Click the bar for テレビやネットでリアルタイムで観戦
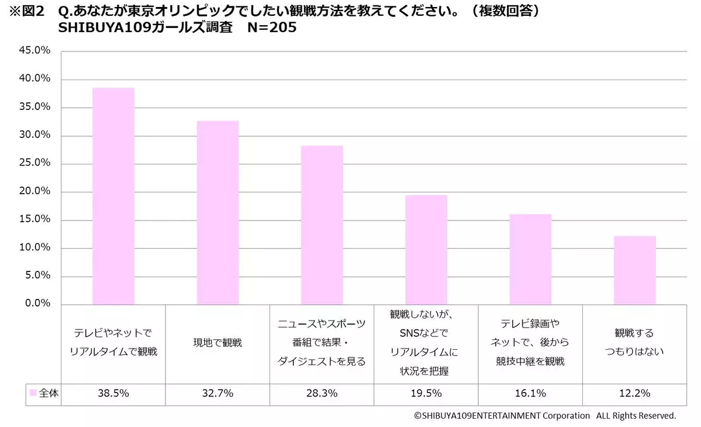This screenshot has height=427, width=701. pos(113,196)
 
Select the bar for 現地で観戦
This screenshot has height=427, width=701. pos(217,212)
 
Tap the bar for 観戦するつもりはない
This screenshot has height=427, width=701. pos(634,270)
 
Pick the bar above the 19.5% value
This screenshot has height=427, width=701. pos(426,249)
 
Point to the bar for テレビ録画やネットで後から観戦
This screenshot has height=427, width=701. pos(530,259)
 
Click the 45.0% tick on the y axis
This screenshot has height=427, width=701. pos(36,51)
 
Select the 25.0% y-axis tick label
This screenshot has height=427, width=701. pos(36,163)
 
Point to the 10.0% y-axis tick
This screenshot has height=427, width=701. pos(36,247)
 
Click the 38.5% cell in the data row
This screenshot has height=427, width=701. pos(113,394)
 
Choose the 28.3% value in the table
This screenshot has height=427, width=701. pos(322,394)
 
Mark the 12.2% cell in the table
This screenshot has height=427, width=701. pos(635,394)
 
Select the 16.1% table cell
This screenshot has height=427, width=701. pos(531,394)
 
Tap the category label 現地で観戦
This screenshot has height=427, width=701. pos(217,343)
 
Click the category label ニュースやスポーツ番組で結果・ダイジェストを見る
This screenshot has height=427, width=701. pos(322,343)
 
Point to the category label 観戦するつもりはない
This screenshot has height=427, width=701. pos(635,343)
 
